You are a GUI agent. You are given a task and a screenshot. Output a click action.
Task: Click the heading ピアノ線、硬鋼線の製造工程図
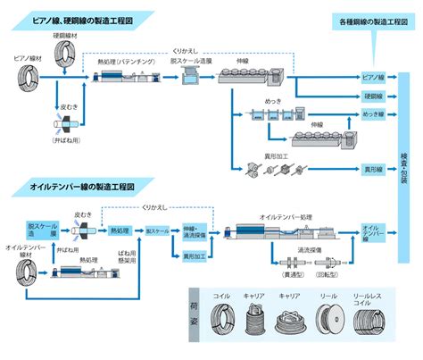click(80, 18)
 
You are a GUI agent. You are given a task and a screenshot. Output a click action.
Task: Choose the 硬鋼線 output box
click(373, 95)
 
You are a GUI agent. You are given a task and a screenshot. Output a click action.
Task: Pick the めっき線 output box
click(373, 114)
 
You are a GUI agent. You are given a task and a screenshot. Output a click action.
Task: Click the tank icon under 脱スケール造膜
click(189, 79)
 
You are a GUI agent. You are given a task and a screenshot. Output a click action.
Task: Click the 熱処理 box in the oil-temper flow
click(119, 230)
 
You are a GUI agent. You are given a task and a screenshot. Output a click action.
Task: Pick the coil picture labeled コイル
click(222, 321)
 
